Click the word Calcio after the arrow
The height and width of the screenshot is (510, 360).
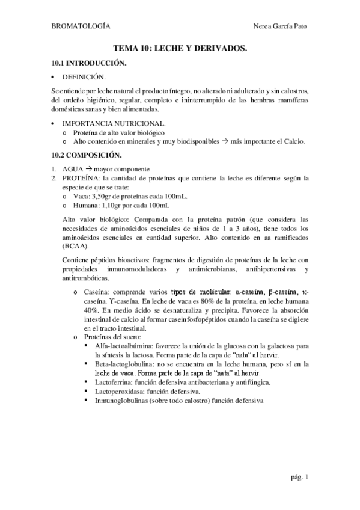coord(292,141)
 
